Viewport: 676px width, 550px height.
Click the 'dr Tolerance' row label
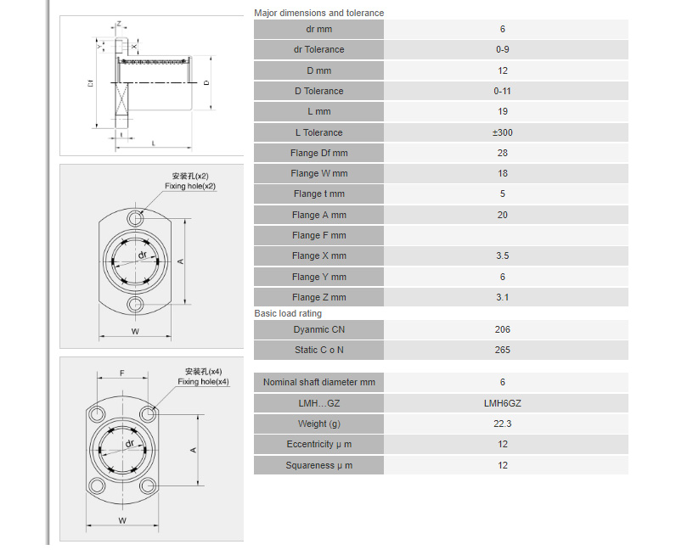click(x=319, y=49)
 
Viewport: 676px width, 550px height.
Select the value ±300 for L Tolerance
click(x=502, y=132)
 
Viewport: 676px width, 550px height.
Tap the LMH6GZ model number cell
click(x=502, y=403)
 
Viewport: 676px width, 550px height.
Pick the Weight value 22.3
click(x=502, y=424)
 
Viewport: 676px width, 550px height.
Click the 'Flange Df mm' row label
click(x=319, y=153)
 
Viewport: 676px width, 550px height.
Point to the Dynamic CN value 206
click(x=502, y=329)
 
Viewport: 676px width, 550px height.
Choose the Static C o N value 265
click(x=502, y=350)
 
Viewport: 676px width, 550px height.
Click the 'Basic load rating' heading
click(x=288, y=313)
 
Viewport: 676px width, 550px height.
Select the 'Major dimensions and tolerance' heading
click(x=319, y=13)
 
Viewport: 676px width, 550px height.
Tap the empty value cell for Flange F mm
click(x=505, y=235)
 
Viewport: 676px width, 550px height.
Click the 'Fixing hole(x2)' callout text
click(x=190, y=186)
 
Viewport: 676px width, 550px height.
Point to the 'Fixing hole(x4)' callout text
click(x=204, y=382)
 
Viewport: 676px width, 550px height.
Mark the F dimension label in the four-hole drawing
click(x=122, y=373)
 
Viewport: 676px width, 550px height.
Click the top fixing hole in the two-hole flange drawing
click(x=135, y=218)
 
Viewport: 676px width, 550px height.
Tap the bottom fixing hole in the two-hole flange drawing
click(x=135, y=305)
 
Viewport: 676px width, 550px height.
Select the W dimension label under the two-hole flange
click(x=135, y=332)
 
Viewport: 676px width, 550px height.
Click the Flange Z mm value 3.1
click(x=502, y=297)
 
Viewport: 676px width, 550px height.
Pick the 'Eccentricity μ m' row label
click(x=319, y=445)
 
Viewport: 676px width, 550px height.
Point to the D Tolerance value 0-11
click(x=502, y=92)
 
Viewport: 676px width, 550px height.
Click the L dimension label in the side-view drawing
click(x=154, y=143)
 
